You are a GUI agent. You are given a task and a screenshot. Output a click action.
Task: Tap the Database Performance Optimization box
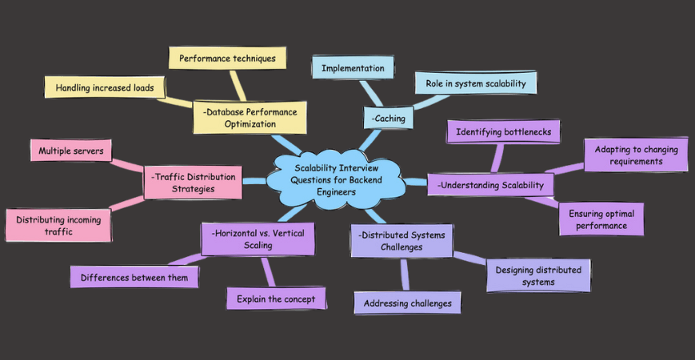pyautogui.click(x=249, y=117)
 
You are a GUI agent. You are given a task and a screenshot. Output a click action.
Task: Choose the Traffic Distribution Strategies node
pyautogui.click(x=192, y=182)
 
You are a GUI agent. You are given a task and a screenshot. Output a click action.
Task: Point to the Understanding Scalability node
pyautogui.click(x=491, y=185)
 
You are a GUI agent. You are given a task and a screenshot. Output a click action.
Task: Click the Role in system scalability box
pyautogui.click(x=476, y=82)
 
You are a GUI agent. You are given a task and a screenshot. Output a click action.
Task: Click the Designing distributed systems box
pyautogui.click(x=538, y=276)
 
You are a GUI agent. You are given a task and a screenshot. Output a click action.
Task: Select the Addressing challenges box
pyautogui.click(x=407, y=304)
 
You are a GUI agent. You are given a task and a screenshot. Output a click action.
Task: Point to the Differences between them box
pyautogui.click(x=134, y=277)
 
